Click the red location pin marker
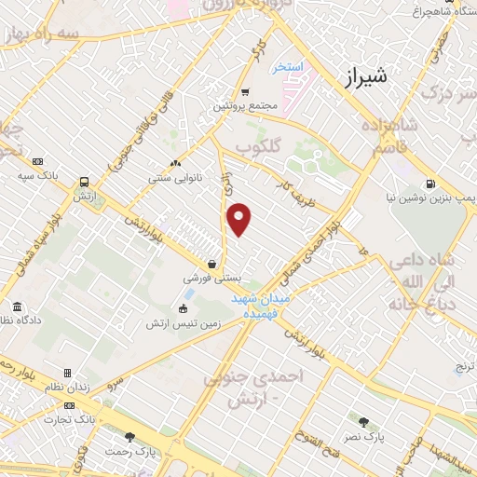(x=240, y=220)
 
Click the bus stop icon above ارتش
(x=85, y=183)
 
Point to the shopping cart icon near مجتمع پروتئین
(x=245, y=91)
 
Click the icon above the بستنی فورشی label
(x=214, y=264)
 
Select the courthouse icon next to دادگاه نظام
(x=17, y=307)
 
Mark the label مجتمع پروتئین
(x=246, y=106)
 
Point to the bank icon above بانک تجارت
(x=70, y=405)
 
